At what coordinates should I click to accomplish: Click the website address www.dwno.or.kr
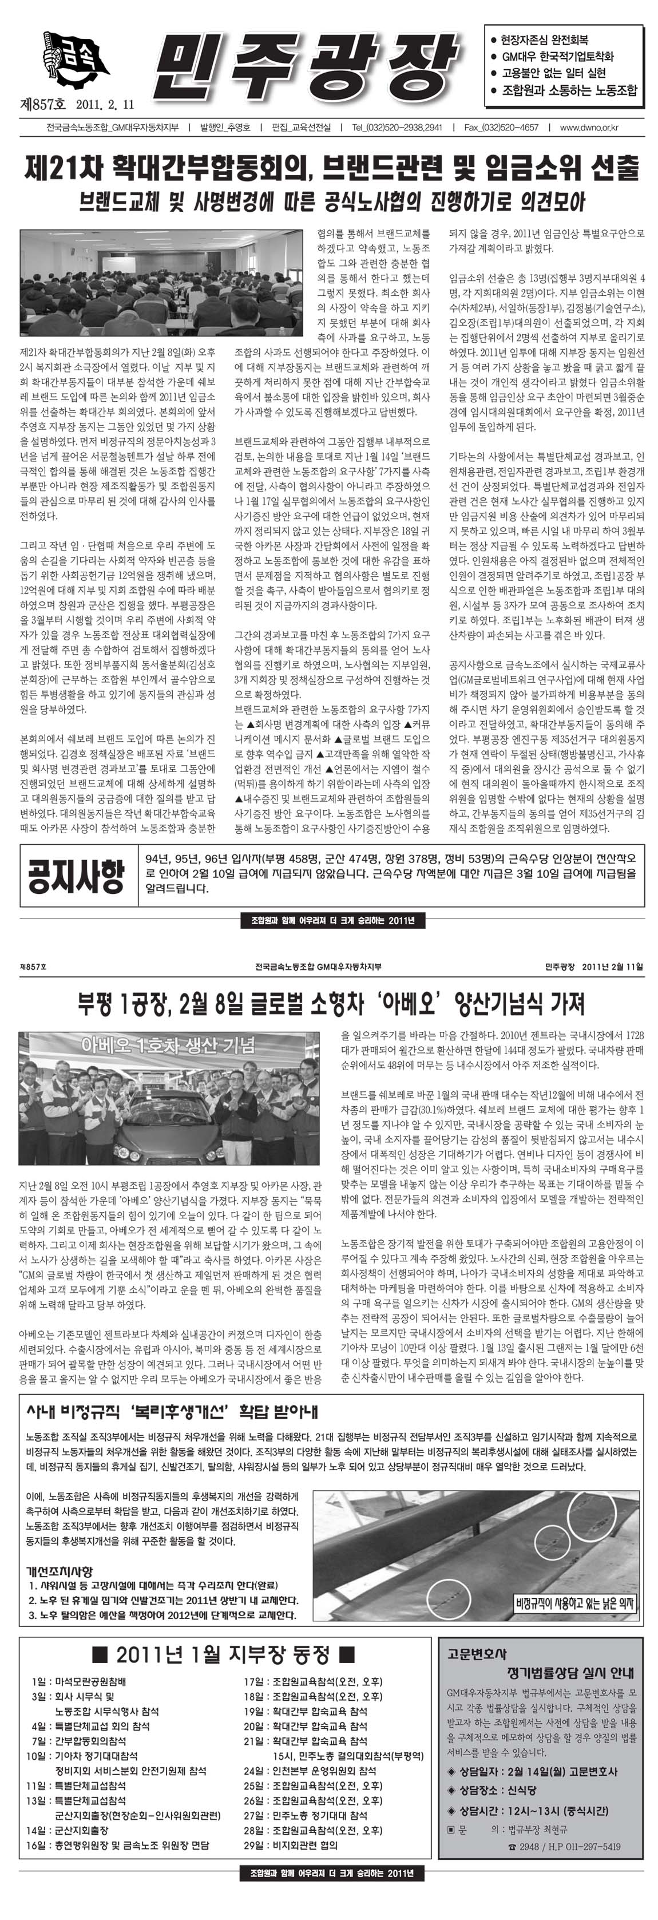(x=589, y=128)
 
